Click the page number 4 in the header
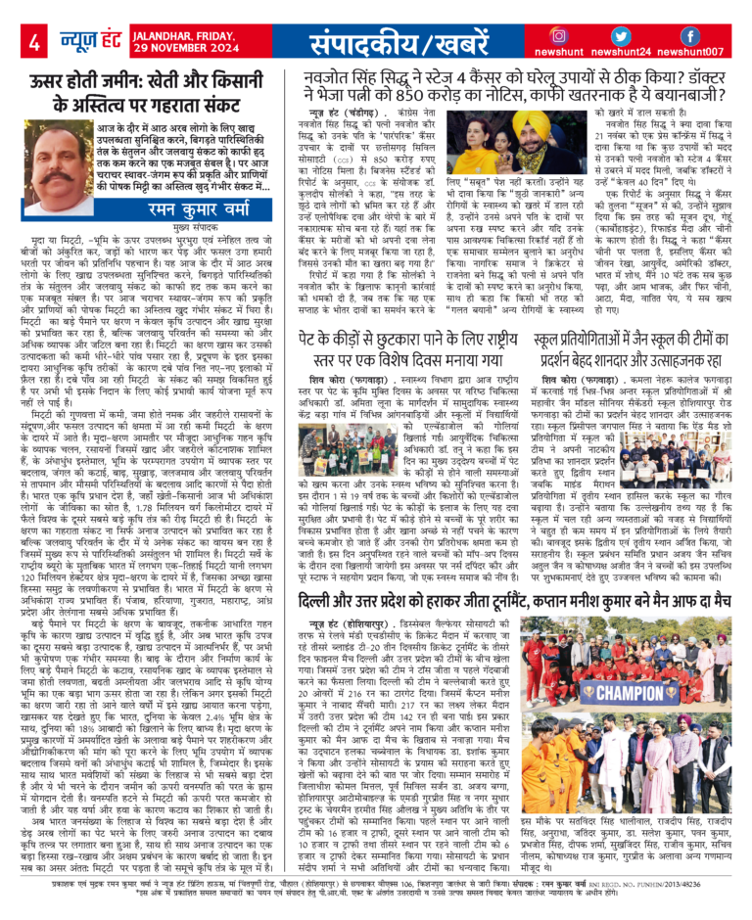point(34,41)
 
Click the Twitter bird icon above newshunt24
point(626,35)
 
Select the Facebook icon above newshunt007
point(689,35)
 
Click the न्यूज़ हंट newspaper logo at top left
point(81,41)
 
